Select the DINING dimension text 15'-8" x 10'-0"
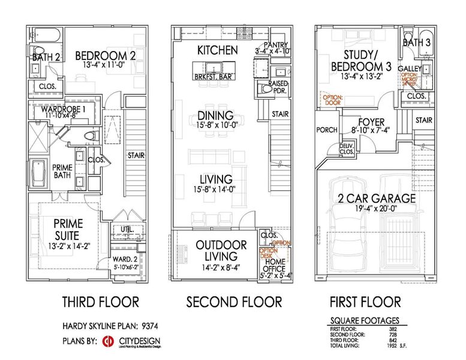(x=216, y=125)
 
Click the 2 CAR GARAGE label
(x=368, y=199)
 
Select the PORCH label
(x=327, y=129)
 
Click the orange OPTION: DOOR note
(x=332, y=100)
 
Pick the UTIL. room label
(x=125, y=229)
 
